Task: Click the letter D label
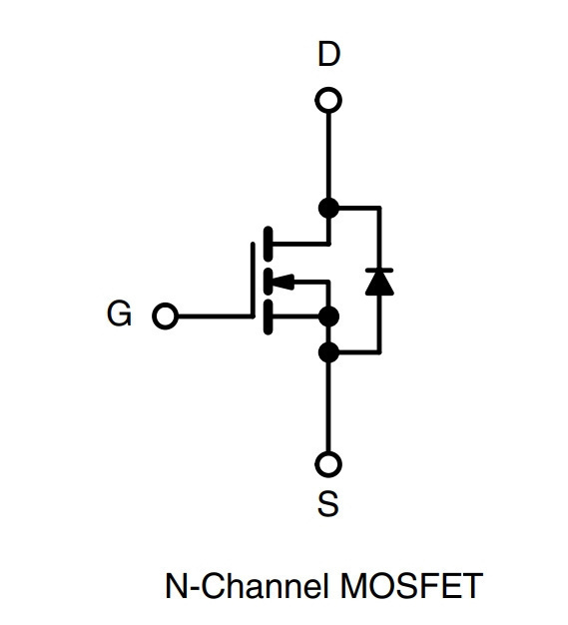tap(328, 54)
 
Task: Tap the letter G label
tap(119, 313)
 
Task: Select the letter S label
tap(328, 504)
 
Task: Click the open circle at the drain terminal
tap(328, 100)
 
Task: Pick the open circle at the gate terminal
tap(166, 316)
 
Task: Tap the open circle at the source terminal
tap(328, 464)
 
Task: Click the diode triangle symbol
tap(379, 284)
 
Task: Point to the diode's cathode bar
tap(379, 271)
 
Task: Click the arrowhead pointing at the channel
tap(284, 283)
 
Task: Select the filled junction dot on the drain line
tap(328, 208)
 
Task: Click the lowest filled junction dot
tap(328, 352)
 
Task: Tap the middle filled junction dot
tap(328, 316)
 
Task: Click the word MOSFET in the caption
tap(411, 586)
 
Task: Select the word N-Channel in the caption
tap(248, 585)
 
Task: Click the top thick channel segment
tap(269, 244)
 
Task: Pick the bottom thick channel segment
tap(269, 317)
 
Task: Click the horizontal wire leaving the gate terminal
tap(216, 316)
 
